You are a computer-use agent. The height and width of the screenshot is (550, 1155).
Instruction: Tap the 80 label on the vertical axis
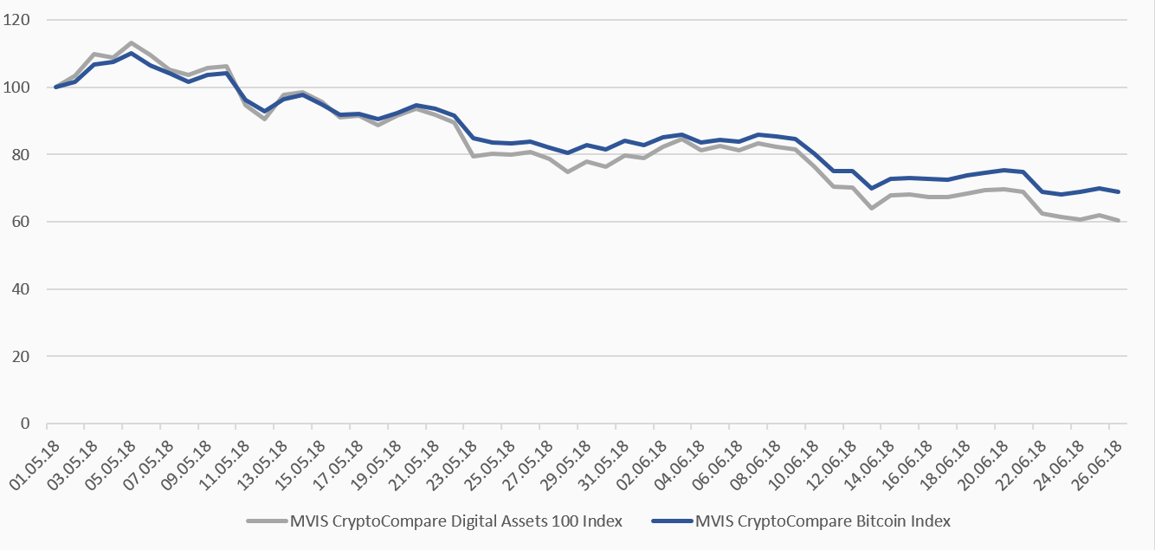coord(21,155)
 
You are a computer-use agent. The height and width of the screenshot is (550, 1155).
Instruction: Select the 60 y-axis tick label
coord(21,222)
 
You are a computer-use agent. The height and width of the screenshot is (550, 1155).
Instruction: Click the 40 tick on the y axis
coord(21,289)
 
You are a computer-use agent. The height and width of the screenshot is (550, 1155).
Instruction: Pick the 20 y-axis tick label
coord(21,357)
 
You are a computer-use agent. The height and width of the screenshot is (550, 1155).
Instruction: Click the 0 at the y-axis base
coord(24,424)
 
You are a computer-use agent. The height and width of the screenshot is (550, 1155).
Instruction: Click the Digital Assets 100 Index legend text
coord(455,521)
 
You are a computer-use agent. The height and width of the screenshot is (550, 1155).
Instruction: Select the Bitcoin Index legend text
coord(823,521)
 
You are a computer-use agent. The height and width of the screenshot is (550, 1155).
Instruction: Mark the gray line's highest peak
coord(131,42)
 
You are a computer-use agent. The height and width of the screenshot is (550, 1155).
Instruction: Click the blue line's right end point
coord(1120,191)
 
